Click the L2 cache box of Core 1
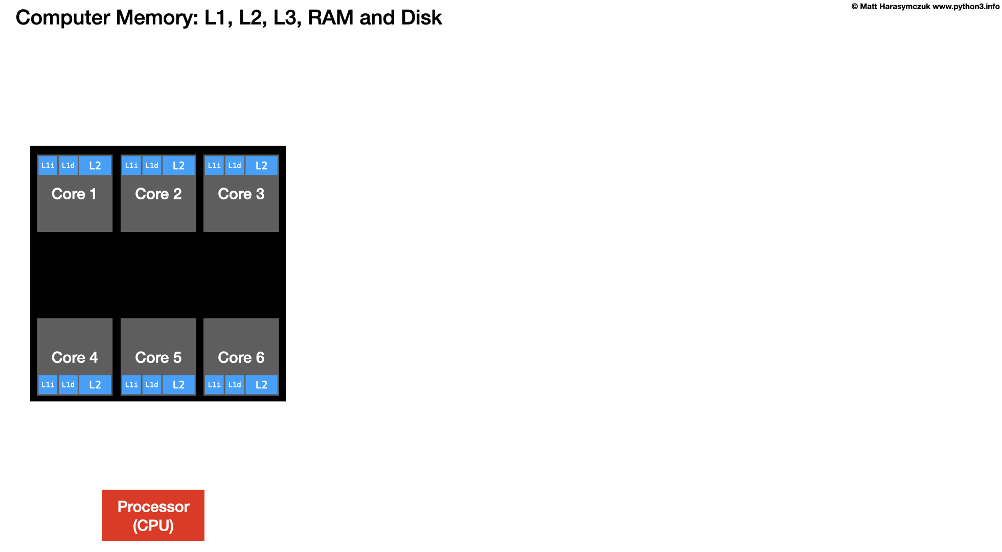(95, 166)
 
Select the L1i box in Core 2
(131, 166)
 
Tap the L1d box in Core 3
(235, 166)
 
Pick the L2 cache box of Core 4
(95, 385)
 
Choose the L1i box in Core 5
(131, 385)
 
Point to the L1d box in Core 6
(235, 385)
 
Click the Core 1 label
(74, 194)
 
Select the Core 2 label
(158, 194)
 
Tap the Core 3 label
(241, 194)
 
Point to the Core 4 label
(74, 358)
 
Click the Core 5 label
(158, 358)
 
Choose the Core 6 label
(241, 358)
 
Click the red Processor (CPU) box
(153, 515)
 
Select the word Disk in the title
(421, 17)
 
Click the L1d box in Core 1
(68, 166)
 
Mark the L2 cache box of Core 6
(261, 385)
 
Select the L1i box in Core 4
(48, 385)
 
